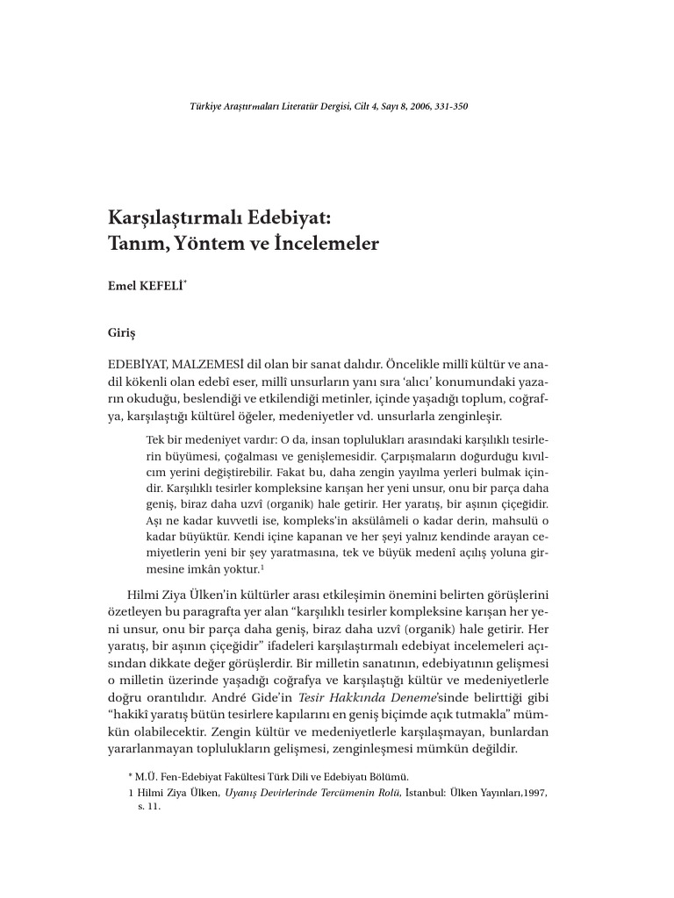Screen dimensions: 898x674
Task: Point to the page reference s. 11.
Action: pyautogui.click(x=149, y=808)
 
